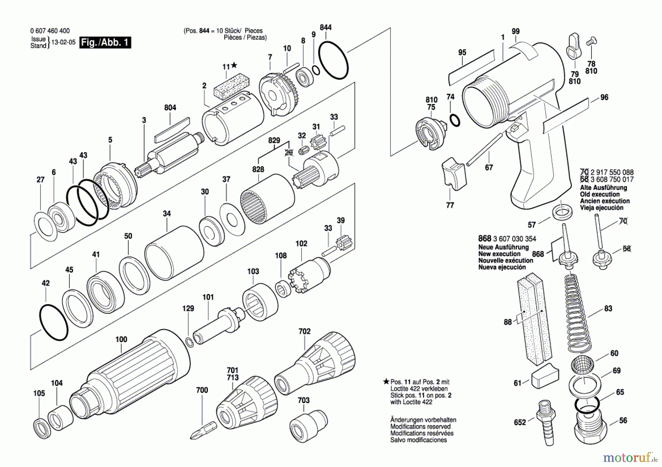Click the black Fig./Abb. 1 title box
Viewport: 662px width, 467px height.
pyautogui.click(x=105, y=43)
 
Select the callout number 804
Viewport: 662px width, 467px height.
pyautogui.click(x=170, y=108)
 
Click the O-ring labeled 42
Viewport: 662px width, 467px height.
pyautogui.click(x=53, y=322)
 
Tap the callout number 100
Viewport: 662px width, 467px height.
pyautogui.click(x=121, y=340)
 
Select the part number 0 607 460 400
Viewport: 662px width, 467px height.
pyautogui.click(x=50, y=31)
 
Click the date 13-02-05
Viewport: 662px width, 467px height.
pyautogui.click(x=63, y=42)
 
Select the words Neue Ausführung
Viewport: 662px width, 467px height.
pyautogui.click(x=503, y=247)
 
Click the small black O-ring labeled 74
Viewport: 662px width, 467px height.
pyautogui.click(x=455, y=120)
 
